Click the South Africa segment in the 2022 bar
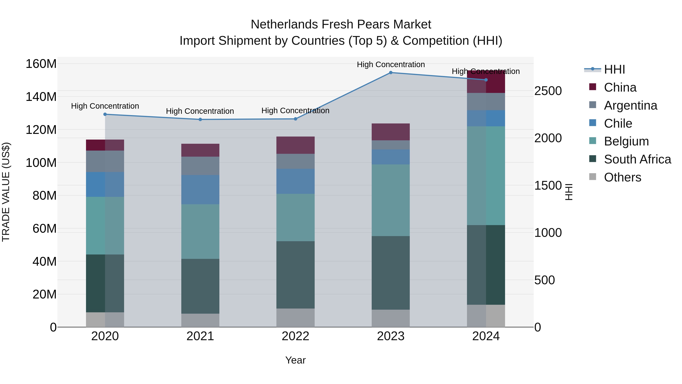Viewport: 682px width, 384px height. click(296, 275)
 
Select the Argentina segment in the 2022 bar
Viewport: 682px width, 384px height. click(296, 161)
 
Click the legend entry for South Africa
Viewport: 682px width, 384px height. click(637, 159)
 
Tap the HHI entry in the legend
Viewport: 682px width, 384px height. click(614, 69)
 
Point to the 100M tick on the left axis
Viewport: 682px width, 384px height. click(41, 163)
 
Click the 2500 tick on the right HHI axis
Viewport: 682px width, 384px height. click(548, 91)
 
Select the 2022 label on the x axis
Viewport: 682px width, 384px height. click(296, 336)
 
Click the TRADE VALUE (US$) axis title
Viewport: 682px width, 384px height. click(6, 192)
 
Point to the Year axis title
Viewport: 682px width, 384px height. click(296, 360)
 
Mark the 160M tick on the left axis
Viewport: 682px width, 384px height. click(41, 64)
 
